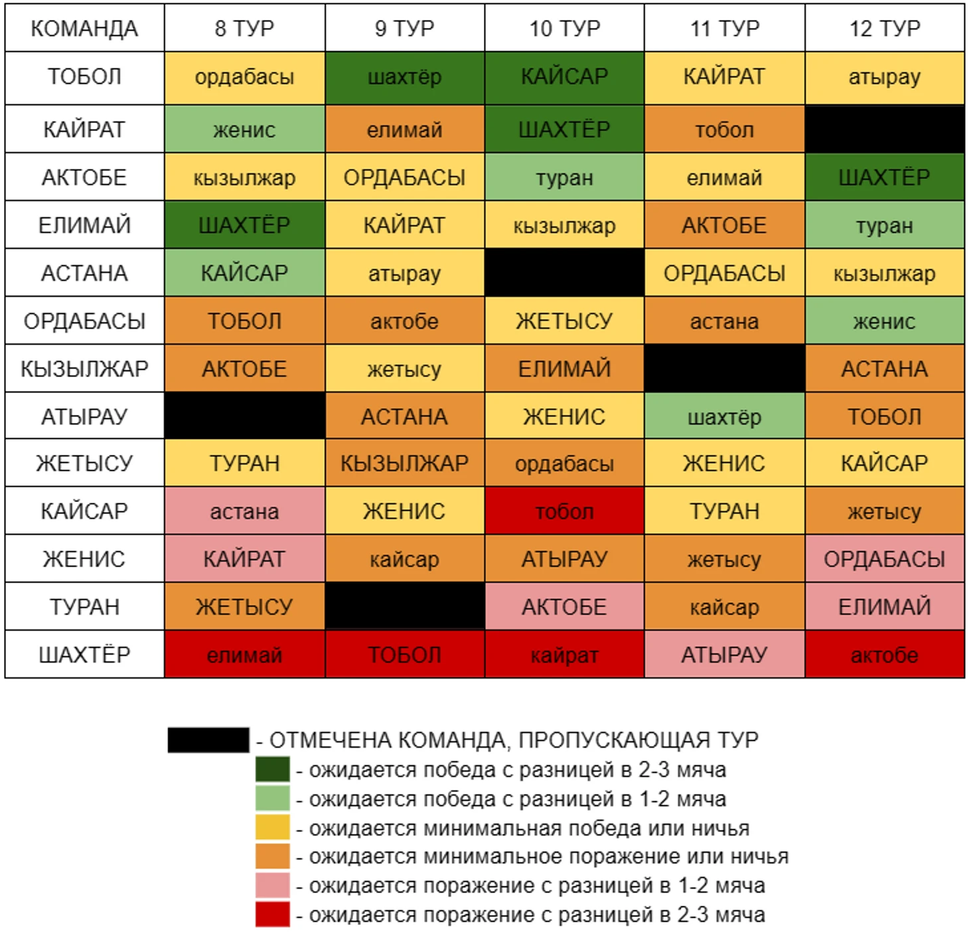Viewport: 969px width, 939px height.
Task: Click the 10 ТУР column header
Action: click(x=564, y=29)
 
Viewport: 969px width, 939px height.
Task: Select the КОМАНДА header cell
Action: click(x=84, y=29)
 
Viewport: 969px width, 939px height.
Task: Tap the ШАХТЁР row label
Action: click(x=84, y=655)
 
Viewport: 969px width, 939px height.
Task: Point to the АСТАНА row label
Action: click(x=84, y=273)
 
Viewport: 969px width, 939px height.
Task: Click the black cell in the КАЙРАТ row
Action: click(x=885, y=129)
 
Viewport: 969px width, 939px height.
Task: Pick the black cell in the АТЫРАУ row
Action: click(x=245, y=416)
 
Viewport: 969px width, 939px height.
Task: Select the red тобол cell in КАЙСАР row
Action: click(x=564, y=511)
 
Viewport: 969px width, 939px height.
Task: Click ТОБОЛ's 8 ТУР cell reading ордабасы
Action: click(x=245, y=77)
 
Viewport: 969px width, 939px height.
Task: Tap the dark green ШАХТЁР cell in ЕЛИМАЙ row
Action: click(x=245, y=225)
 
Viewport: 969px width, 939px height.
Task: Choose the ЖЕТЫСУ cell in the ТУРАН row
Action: click(x=245, y=607)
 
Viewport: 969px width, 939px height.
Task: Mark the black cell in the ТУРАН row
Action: click(x=405, y=607)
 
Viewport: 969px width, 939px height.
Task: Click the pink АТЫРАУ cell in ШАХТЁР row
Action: click(x=724, y=655)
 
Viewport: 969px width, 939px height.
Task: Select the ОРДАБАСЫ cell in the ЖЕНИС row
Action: click(x=885, y=559)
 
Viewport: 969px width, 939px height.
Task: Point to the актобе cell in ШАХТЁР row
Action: click(x=885, y=655)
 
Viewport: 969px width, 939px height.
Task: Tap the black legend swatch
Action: click(x=208, y=740)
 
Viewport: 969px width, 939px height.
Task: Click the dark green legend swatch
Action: click(x=272, y=770)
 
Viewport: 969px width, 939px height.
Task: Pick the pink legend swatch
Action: click(x=272, y=885)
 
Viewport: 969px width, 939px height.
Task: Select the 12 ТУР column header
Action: click(x=885, y=29)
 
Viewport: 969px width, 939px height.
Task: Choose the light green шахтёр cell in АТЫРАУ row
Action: click(x=724, y=416)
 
